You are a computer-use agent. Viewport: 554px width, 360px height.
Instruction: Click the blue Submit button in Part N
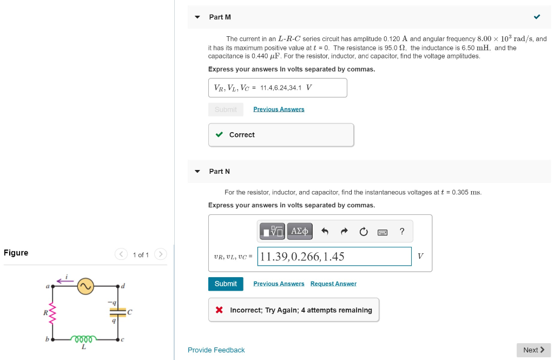tap(226, 284)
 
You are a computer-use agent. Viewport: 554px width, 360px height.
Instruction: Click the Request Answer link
tap(333, 284)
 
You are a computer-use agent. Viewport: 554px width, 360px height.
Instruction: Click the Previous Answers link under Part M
tap(279, 109)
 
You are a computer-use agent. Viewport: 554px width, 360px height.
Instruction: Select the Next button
tap(533, 350)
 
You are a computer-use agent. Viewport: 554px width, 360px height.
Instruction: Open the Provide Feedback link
tap(216, 350)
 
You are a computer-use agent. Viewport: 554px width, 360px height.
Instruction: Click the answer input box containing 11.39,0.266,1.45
tap(335, 257)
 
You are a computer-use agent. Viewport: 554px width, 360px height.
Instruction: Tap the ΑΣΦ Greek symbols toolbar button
tap(300, 232)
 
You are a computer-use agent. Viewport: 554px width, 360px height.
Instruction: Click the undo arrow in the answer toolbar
tap(325, 232)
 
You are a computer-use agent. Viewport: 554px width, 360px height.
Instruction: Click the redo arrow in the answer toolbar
tap(344, 232)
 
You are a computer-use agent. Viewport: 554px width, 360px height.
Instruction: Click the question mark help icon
tap(401, 232)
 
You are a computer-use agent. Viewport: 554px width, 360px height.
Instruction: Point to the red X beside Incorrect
tap(219, 310)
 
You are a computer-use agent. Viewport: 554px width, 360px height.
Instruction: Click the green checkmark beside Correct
tap(219, 135)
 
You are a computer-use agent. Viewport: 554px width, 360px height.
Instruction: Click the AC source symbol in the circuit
tap(85, 286)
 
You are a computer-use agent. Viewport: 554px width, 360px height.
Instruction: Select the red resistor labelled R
tap(52, 312)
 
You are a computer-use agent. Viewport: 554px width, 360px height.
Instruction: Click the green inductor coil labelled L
tap(84, 339)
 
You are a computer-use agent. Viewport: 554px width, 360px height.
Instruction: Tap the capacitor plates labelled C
tap(118, 312)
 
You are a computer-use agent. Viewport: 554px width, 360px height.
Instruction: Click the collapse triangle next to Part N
tap(197, 171)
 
